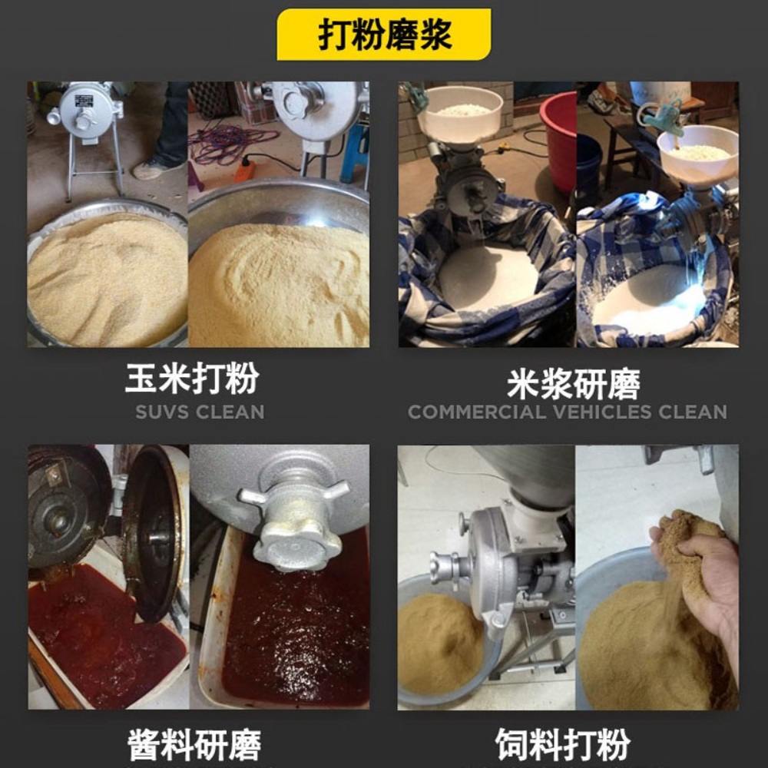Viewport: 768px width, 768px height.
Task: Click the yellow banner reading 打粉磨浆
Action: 383,35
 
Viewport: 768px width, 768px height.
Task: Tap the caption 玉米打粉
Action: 192,378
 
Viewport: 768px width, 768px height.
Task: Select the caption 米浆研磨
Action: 574,385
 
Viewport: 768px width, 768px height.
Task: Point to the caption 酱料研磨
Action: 194,745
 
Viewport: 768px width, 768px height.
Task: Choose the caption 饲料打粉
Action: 563,744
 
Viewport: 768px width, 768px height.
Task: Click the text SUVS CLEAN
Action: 200,412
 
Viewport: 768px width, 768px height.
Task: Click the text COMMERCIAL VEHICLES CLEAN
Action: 568,412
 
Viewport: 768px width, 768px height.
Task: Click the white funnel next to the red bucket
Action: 460,114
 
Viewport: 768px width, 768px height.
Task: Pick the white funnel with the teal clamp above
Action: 697,154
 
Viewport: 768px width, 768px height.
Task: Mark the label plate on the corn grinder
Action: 84,101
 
